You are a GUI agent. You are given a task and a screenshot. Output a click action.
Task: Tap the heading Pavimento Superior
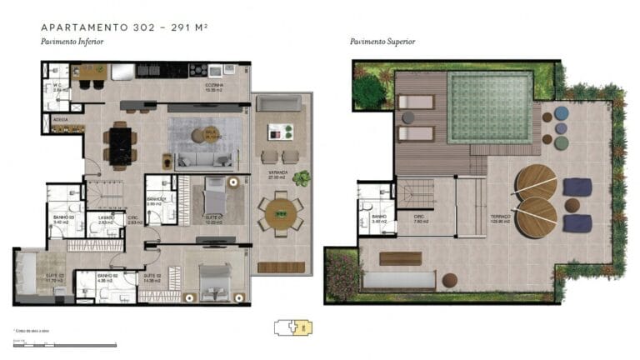382,42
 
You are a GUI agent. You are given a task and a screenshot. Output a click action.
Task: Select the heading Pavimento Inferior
72,42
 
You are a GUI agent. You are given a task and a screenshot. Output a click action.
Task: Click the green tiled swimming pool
489,107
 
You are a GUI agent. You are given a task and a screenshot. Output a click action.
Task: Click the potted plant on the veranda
301,177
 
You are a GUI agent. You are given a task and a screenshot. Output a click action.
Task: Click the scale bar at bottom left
62,343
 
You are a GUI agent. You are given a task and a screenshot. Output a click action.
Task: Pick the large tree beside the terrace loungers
369,91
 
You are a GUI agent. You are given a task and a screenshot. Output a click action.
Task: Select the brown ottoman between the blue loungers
572,205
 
